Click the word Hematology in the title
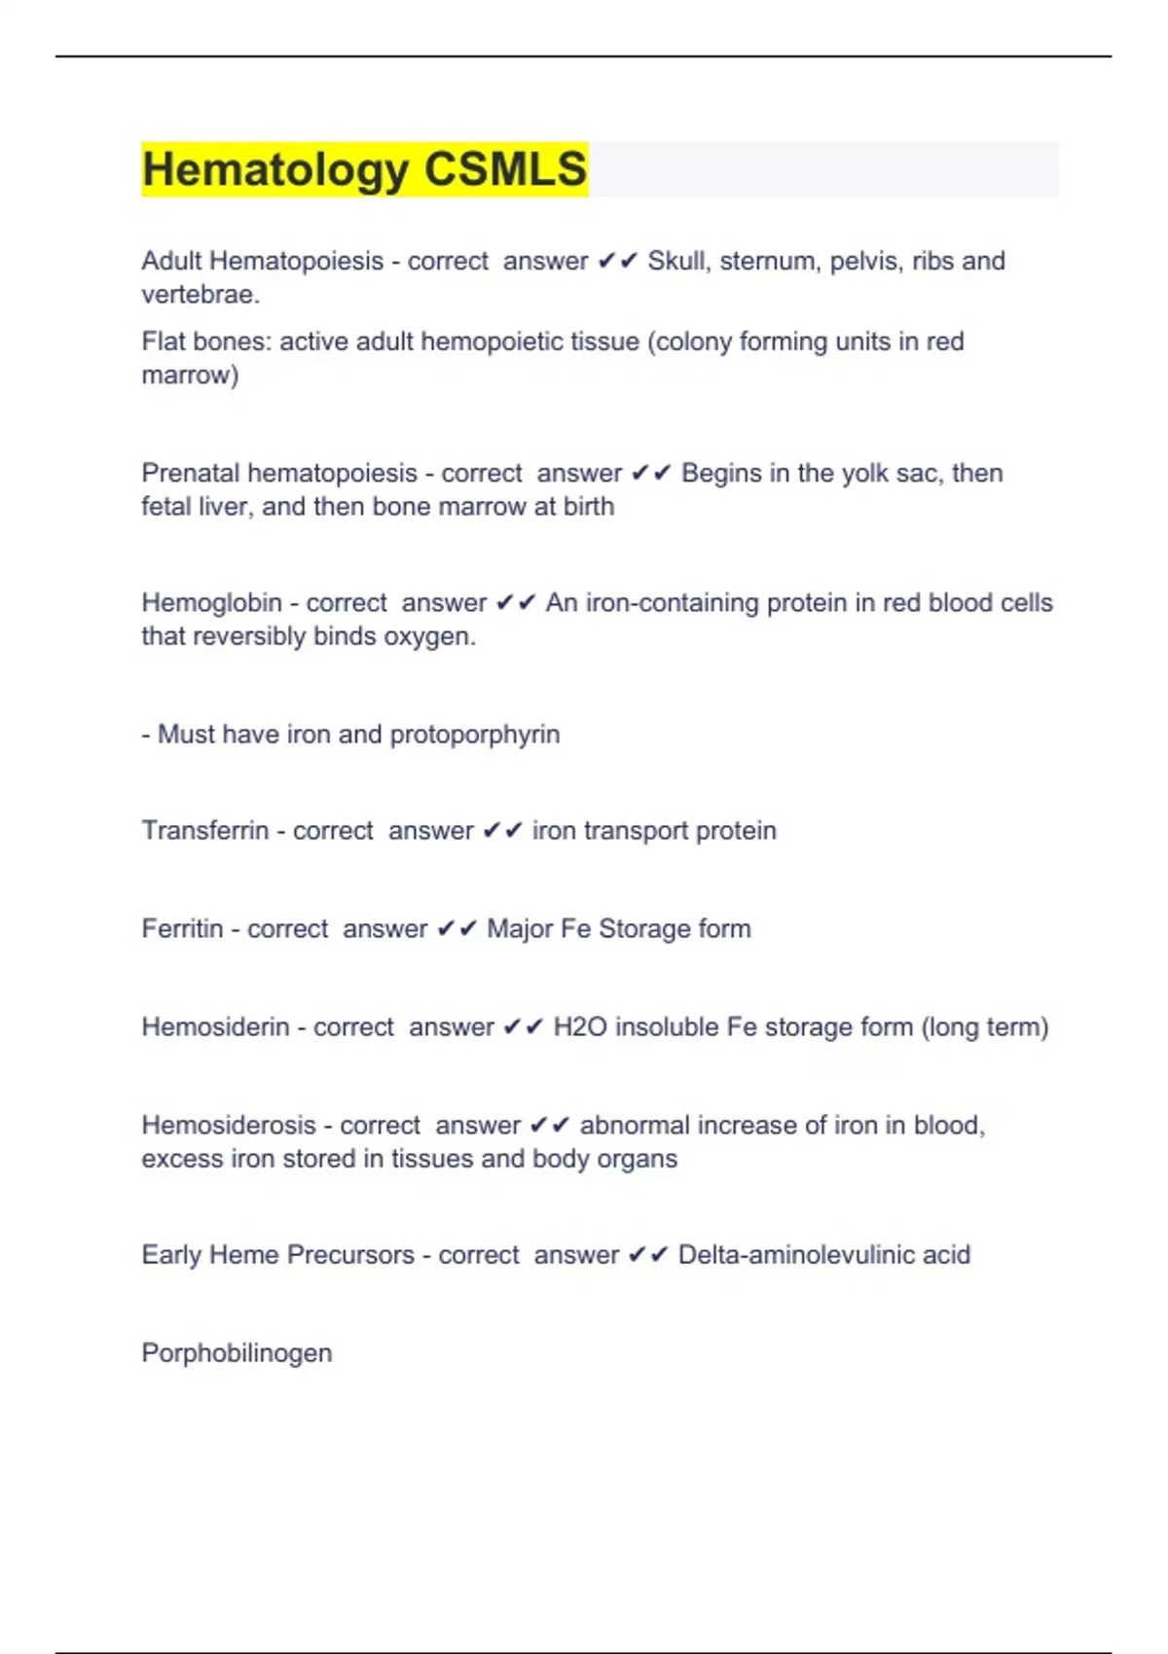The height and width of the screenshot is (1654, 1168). [x=275, y=169]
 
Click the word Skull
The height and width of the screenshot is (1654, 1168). [x=677, y=261]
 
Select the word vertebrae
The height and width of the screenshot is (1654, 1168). [x=200, y=294]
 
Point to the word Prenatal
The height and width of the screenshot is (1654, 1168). [x=190, y=473]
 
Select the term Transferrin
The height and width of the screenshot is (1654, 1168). [x=204, y=831]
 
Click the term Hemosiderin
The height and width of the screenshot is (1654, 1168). [x=215, y=1027]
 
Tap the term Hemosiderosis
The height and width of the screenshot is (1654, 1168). [x=229, y=1126]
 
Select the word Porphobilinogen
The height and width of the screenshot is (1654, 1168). [x=237, y=1353]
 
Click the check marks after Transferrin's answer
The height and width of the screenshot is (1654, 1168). [x=502, y=831]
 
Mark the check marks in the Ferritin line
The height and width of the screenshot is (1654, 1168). [x=456, y=929]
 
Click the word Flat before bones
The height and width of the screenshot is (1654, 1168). [x=164, y=342]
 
